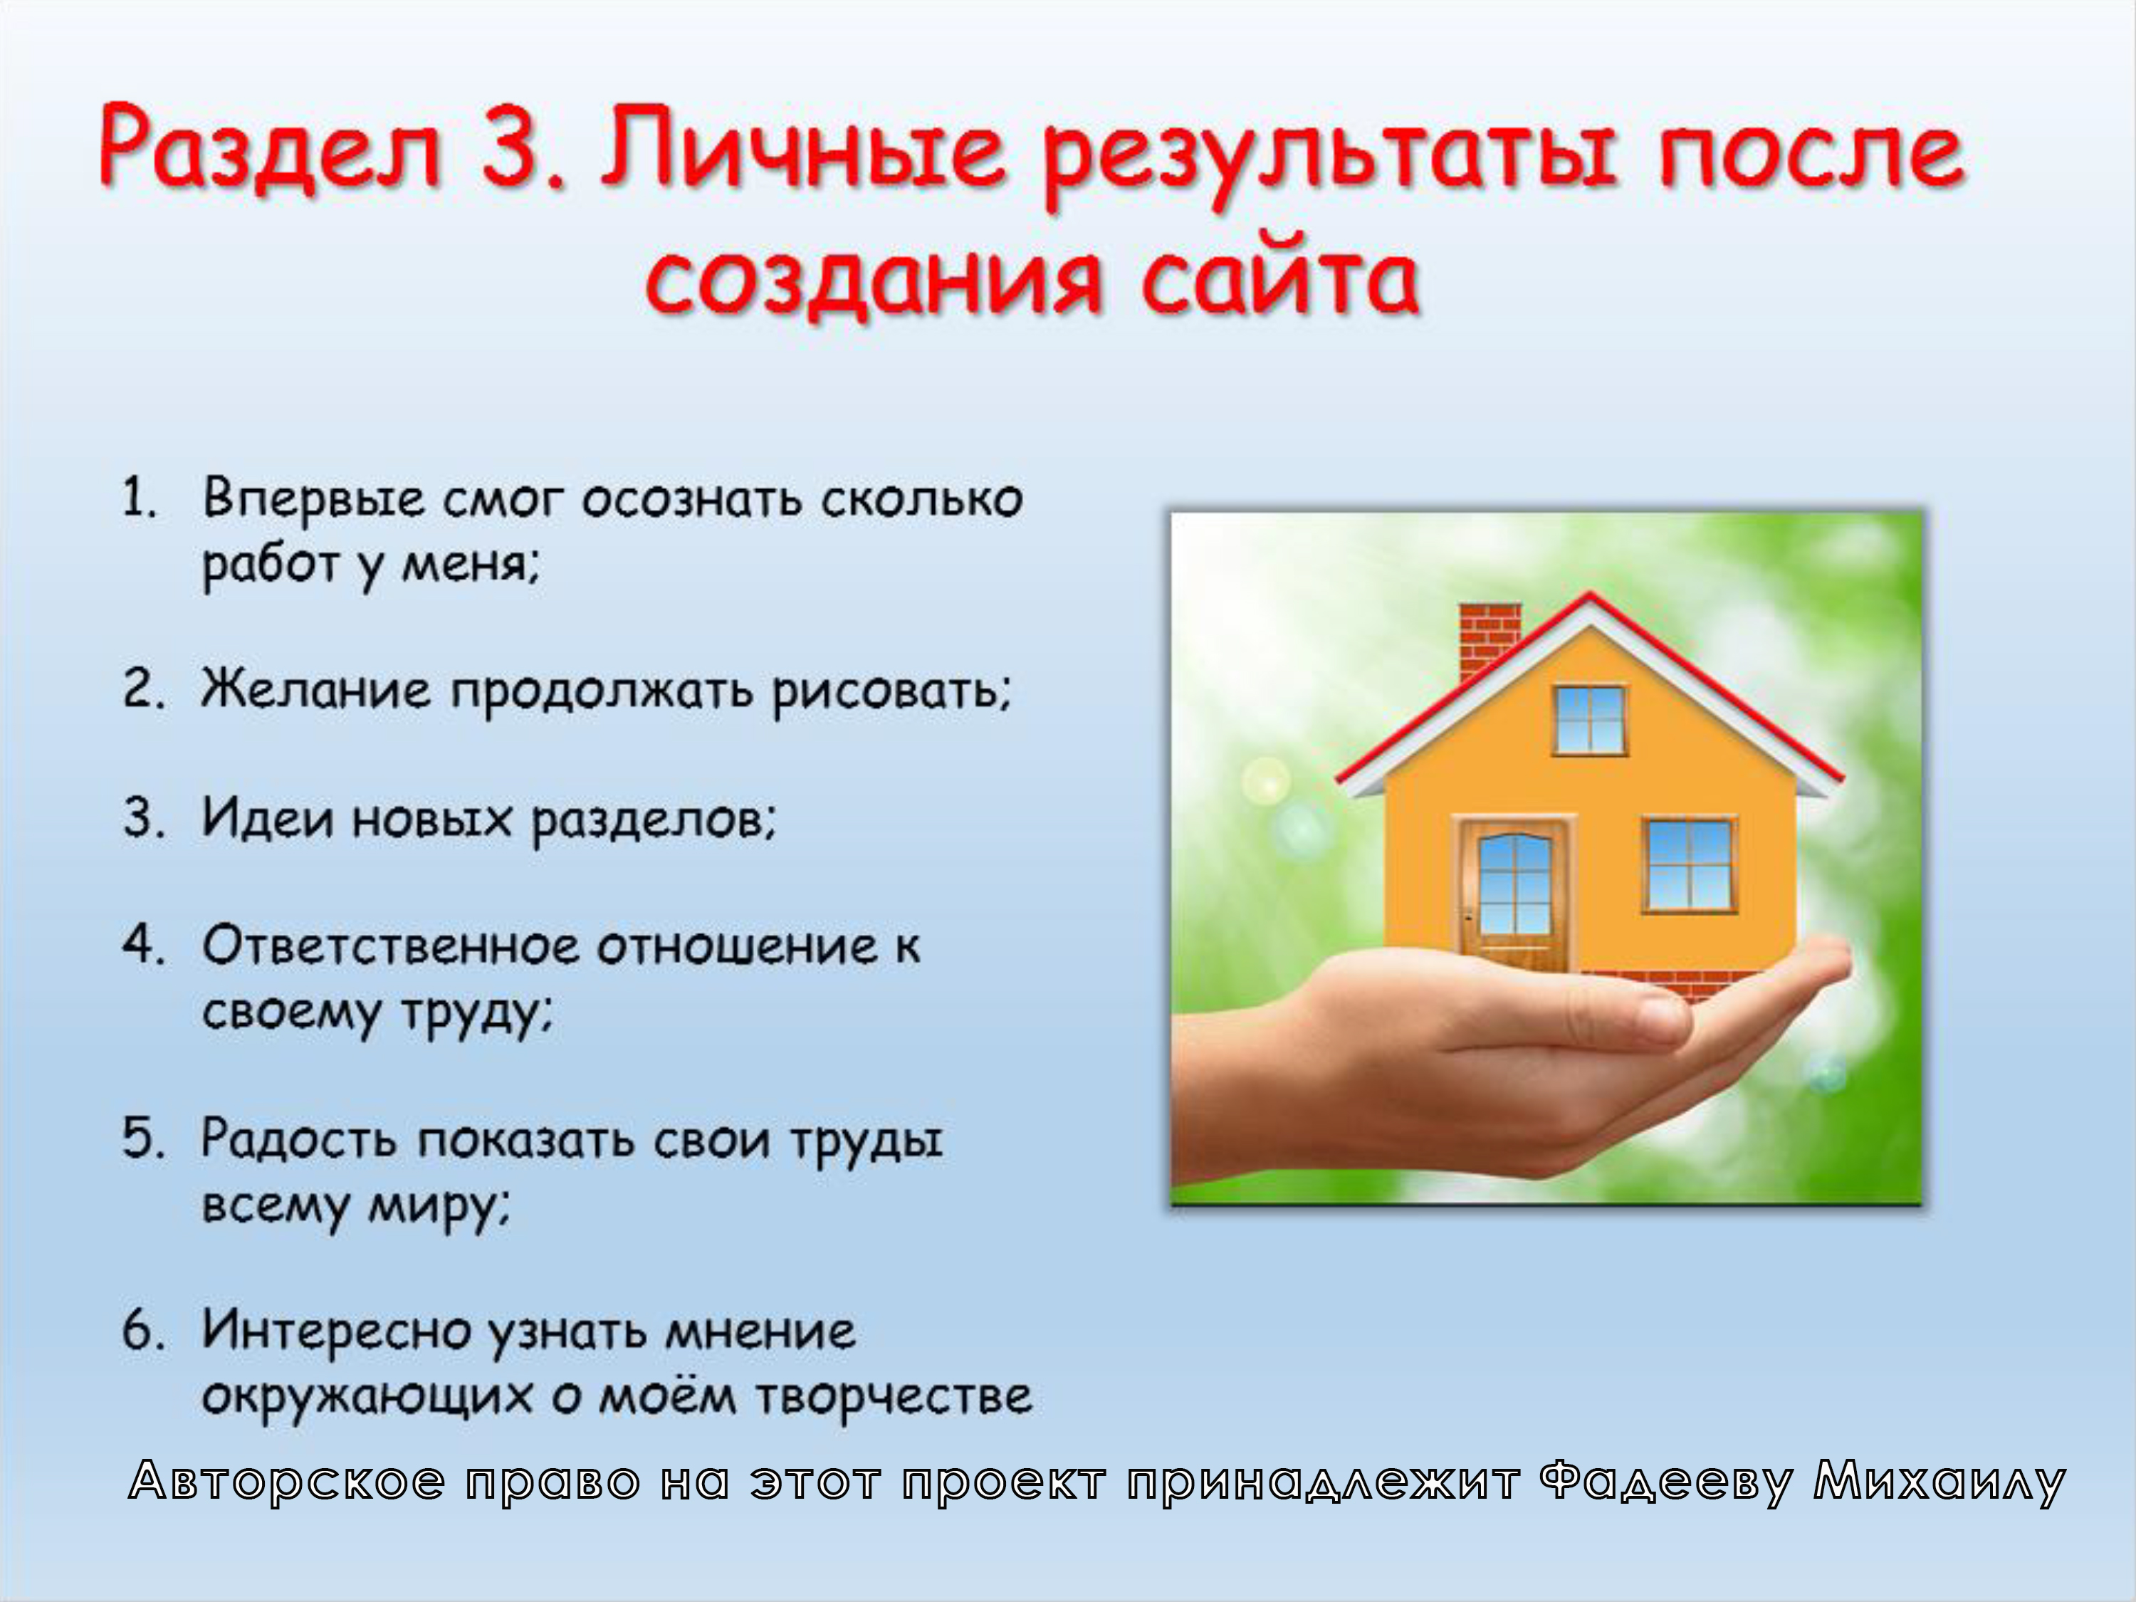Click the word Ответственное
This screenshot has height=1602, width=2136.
tap(390, 946)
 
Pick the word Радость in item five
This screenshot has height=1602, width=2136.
tap(298, 1139)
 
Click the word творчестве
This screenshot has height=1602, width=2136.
tap(894, 1396)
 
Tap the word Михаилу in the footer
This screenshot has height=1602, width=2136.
tap(1939, 1482)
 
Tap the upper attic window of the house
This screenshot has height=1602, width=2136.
tap(1589, 719)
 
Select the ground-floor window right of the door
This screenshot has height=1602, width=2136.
tap(1689, 865)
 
